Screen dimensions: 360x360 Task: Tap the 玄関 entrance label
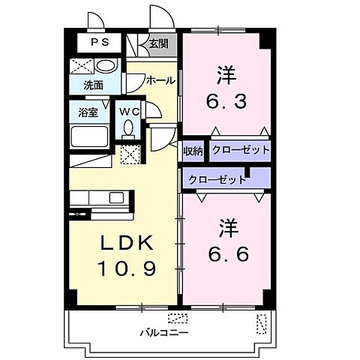point(157,43)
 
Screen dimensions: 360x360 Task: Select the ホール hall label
point(160,80)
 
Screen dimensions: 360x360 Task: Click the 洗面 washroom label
point(93,85)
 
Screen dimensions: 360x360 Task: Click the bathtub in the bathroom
point(90,137)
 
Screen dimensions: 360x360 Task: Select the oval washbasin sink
point(106,66)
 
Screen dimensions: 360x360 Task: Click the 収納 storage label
point(193,151)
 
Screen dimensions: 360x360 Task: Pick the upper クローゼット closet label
point(240,151)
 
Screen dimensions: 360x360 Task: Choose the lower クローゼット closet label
point(217,180)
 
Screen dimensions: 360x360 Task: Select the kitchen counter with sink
point(100,198)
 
